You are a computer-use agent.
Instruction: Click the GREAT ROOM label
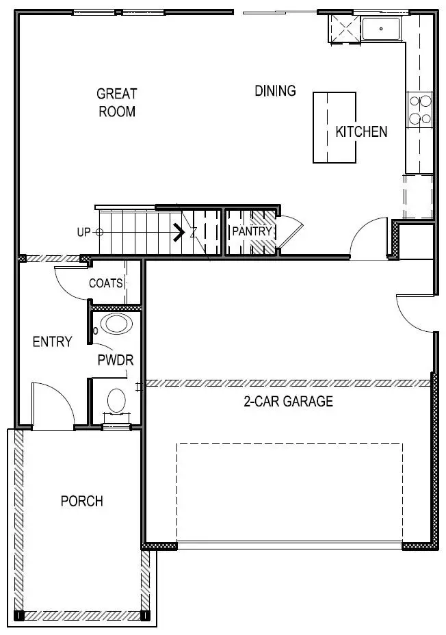pyautogui.click(x=116, y=103)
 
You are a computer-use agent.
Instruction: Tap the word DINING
pyautogui.click(x=275, y=90)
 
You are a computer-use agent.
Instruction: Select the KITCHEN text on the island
pyautogui.click(x=361, y=131)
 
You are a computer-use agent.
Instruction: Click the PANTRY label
pyautogui.click(x=252, y=231)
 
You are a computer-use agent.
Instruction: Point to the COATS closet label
pyautogui.click(x=106, y=283)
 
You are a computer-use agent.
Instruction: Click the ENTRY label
pyautogui.click(x=52, y=341)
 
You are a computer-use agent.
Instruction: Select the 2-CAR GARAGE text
pyautogui.click(x=288, y=402)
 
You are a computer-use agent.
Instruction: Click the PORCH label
pyautogui.click(x=82, y=501)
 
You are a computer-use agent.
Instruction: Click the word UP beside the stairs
pyautogui.click(x=84, y=232)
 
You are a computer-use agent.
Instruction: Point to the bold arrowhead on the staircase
pyautogui.click(x=180, y=233)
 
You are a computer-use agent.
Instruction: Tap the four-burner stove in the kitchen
pyautogui.click(x=420, y=110)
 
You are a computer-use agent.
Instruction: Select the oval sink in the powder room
pyautogui.click(x=115, y=324)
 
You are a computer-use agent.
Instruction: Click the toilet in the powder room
pyautogui.click(x=117, y=400)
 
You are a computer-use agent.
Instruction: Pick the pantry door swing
pyautogui.click(x=287, y=233)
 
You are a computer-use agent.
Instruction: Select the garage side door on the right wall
pyautogui.click(x=417, y=312)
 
